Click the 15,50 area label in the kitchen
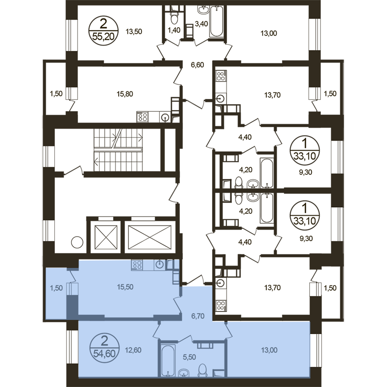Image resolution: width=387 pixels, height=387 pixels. (125, 287)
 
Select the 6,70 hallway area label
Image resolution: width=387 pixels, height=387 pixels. (197, 316)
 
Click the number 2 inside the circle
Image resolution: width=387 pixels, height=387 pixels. (104, 342)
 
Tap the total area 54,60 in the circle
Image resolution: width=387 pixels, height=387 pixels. (104, 353)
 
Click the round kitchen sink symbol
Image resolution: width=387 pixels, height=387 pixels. (160, 265)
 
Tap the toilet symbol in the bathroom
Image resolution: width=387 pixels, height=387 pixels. (202, 370)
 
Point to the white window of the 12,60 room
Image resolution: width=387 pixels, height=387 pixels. (72, 347)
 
